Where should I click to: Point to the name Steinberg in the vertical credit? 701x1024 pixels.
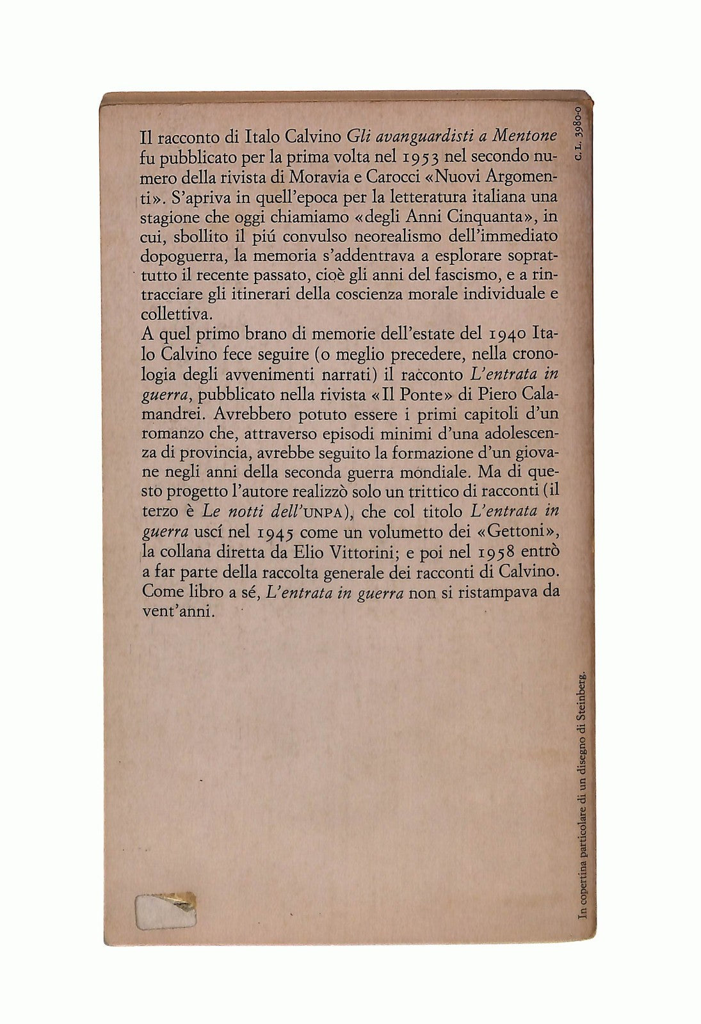click(x=582, y=694)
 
